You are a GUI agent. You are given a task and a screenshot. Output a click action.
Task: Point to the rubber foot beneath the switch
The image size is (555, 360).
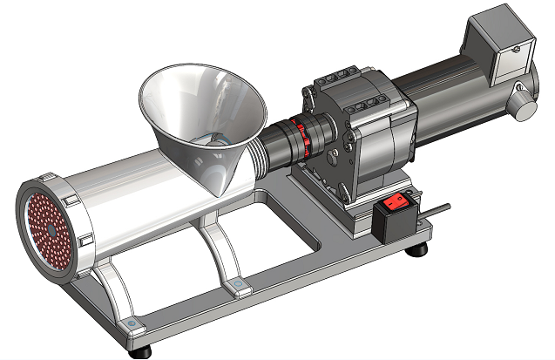[x=420, y=250]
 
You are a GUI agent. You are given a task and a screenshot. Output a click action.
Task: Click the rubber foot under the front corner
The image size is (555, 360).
[x=139, y=353]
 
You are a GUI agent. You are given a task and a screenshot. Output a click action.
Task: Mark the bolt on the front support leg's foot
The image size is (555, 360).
[x=131, y=323]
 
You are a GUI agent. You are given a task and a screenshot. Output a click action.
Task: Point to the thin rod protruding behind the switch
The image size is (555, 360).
[x=439, y=210]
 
